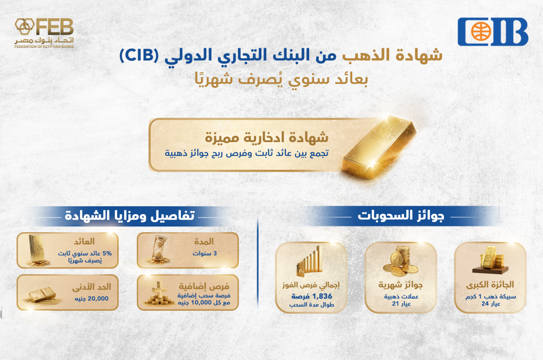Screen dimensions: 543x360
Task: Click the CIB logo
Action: (493, 32)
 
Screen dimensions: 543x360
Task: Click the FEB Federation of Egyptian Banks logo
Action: (44, 33)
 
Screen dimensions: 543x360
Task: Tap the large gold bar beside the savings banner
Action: (380, 147)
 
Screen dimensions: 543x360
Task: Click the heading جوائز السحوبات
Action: (401, 216)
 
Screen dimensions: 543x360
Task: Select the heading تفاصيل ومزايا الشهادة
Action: (130, 216)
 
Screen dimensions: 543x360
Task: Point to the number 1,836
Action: (322, 296)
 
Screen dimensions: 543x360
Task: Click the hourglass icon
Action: (159, 250)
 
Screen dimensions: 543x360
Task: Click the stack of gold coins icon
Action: (401, 261)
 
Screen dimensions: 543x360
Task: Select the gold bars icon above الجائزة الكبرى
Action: (491, 260)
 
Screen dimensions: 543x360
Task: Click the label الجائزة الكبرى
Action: (490, 285)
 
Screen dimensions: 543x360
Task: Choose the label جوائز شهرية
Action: (400, 285)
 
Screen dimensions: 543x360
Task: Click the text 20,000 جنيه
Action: (91, 298)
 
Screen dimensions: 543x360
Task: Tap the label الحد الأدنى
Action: (92, 287)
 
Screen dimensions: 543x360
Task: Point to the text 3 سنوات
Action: (205, 253)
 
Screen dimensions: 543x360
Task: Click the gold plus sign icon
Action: (159, 293)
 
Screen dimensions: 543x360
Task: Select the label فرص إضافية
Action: (204, 287)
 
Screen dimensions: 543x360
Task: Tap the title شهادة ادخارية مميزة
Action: (266, 137)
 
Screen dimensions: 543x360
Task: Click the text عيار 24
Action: (491, 304)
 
